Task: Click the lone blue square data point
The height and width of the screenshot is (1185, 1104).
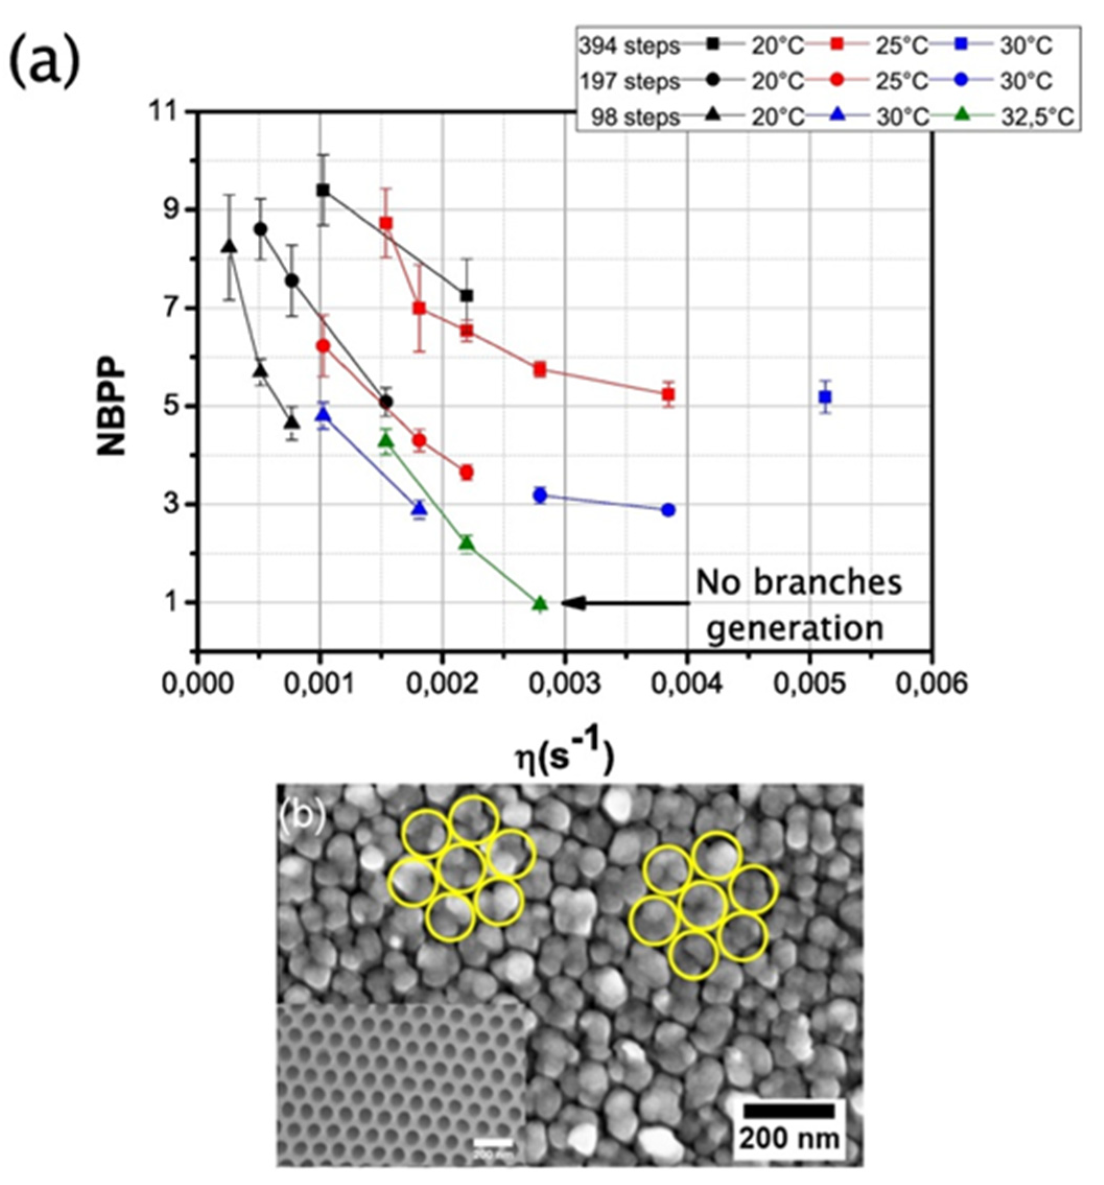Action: point(825,396)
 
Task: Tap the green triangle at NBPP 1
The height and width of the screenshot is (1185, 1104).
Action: point(540,604)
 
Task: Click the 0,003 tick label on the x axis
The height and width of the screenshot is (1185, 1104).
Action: point(564,684)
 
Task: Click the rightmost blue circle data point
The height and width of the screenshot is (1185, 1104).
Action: point(668,510)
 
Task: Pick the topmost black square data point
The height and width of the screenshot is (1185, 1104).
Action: point(323,190)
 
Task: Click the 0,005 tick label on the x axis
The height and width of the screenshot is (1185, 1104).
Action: point(810,684)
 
